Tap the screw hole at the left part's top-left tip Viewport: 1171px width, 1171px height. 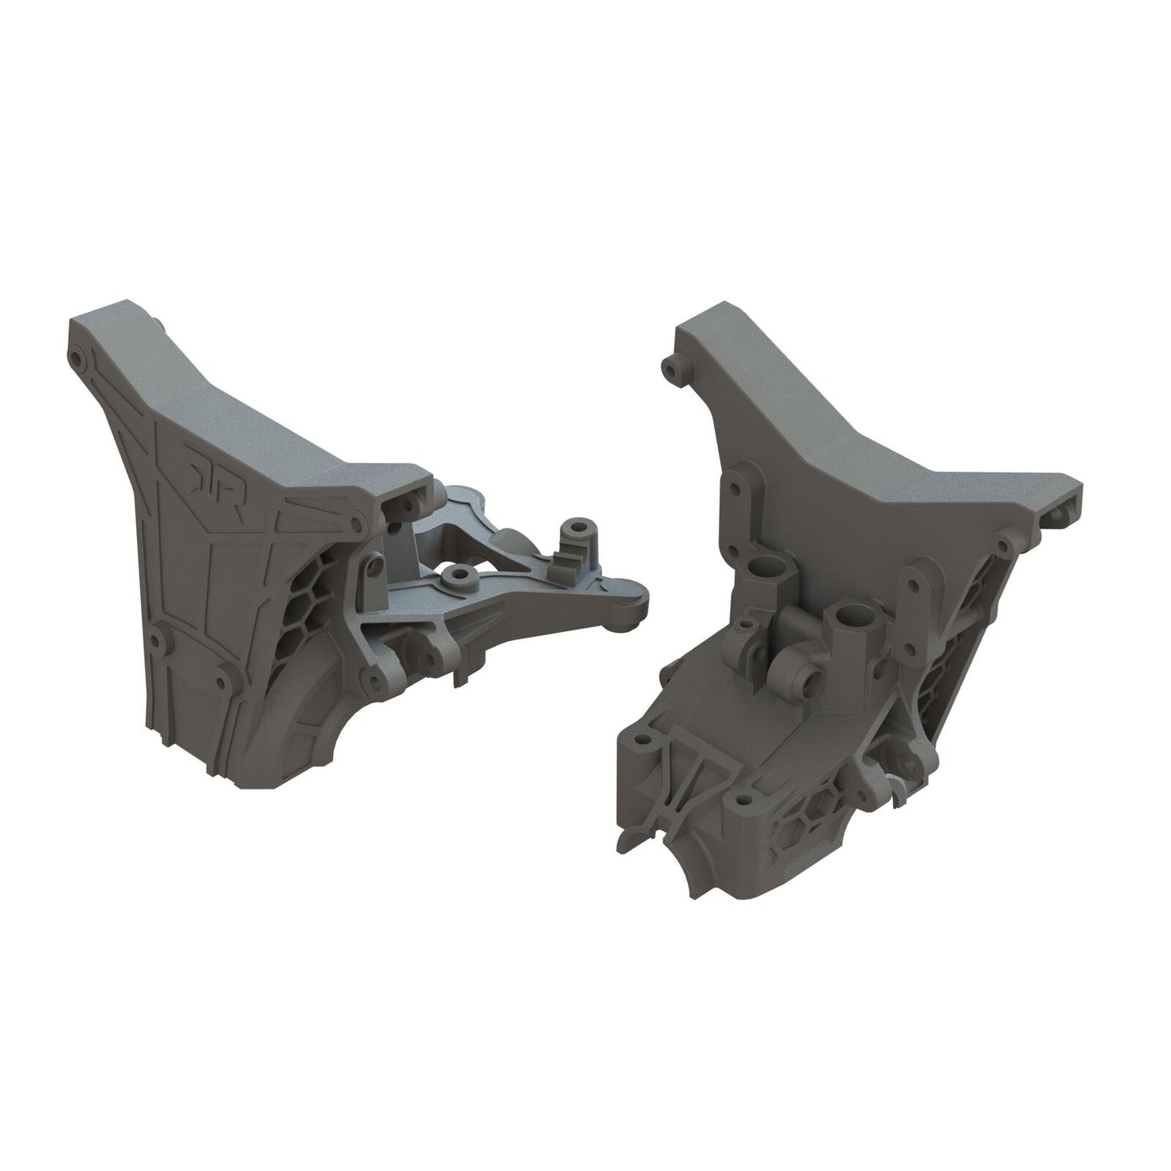click(75, 356)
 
